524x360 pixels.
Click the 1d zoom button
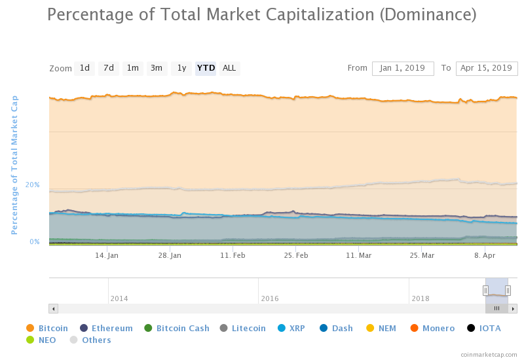[x=84, y=68]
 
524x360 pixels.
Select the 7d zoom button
[x=109, y=68]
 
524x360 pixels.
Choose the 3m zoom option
[x=157, y=68]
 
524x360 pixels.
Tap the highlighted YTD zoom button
[x=206, y=68]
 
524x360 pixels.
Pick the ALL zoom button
[x=229, y=68]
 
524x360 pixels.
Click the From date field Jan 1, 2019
[x=403, y=68]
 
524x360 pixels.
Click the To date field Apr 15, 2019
[x=486, y=68]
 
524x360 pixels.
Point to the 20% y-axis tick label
[x=33, y=185]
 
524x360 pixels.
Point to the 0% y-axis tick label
[x=35, y=242]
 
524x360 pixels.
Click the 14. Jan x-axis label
[x=107, y=255]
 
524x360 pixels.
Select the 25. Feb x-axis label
[x=296, y=255]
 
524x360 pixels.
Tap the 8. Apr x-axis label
[x=485, y=255]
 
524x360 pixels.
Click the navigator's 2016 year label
[x=270, y=298]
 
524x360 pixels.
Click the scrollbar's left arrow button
[x=54, y=308]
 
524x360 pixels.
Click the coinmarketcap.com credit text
[x=489, y=354]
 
